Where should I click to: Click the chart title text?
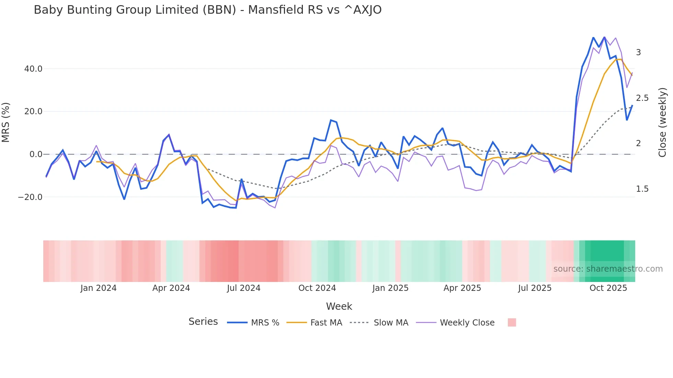click(207, 10)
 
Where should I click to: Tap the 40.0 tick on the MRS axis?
click(33, 69)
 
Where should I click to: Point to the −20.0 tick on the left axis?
click(30, 197)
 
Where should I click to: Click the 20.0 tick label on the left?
click(33, 111)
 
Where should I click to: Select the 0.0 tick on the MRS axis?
click(36, 154)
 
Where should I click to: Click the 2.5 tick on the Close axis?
click(642, 98)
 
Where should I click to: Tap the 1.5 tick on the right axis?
click(642, 189)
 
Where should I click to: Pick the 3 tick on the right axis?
click(638, 52)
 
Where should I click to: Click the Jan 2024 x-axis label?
click(99, 288)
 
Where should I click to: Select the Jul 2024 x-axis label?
click(243, 288)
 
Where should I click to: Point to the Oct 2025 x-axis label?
click(608, 288)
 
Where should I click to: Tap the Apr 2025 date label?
click(462, 288)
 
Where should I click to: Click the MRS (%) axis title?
click(6, 122)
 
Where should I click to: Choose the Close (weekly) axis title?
click(662, 122)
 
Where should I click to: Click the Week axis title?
click(339, 306)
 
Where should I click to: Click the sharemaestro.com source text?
click(608, 269)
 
